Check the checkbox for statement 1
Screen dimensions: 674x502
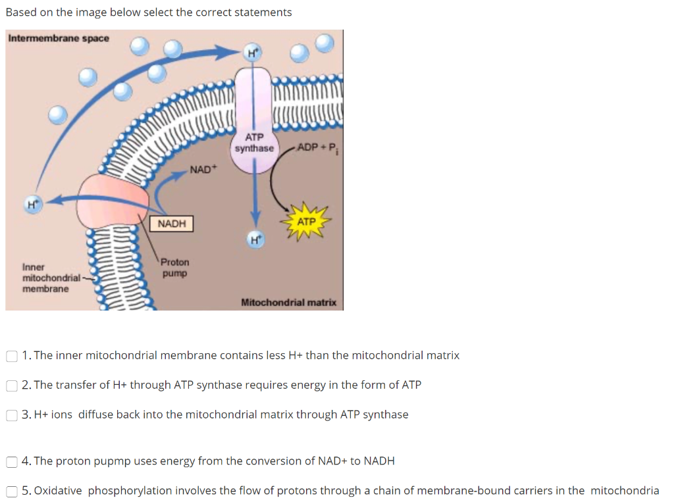point(12,356)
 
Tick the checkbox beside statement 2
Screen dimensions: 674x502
point(12,386)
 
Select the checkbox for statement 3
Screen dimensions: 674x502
point(12,415)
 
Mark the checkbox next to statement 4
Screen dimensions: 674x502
point(12,461)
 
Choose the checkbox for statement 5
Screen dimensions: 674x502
point(12,491)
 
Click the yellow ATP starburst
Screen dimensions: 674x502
point(306,222)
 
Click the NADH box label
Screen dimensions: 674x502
point(172,224)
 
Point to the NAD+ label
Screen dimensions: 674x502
point(203,170)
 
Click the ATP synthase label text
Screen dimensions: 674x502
point(254,143)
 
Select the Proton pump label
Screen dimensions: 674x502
point(175,267)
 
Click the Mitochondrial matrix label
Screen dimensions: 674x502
point(288,303)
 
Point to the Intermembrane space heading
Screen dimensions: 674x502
point(59,38)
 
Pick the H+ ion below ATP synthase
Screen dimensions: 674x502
point(255,240)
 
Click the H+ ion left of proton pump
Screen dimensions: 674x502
point(31,205)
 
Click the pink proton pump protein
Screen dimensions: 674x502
point(112,200)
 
